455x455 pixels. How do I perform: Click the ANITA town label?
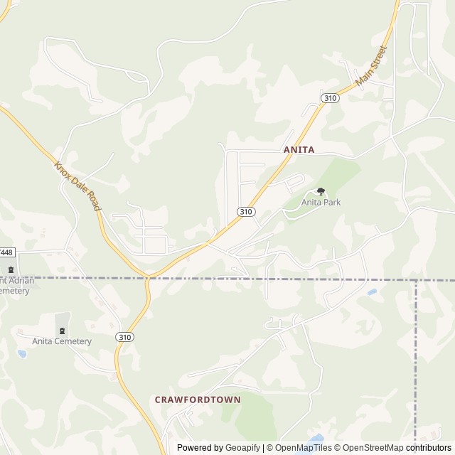pos(299,150)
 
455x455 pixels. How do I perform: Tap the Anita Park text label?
pos(321,203)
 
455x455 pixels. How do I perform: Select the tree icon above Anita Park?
pos(321,191)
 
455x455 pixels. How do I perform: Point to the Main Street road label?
pos(371,67)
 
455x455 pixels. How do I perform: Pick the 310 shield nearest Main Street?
pos(329,98)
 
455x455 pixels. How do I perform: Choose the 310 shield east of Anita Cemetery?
pos(125,337)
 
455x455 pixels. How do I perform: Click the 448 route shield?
pos(6,252)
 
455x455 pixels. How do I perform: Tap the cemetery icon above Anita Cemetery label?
pos(62,330)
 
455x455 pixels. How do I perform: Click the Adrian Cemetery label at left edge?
pos(14,285)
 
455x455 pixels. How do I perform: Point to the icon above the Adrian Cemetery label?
pos(11,269)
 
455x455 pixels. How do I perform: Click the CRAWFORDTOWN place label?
pos(198,400)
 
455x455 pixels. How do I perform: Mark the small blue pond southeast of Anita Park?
pos(372,291)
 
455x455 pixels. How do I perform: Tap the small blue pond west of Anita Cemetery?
pos(22,353)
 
